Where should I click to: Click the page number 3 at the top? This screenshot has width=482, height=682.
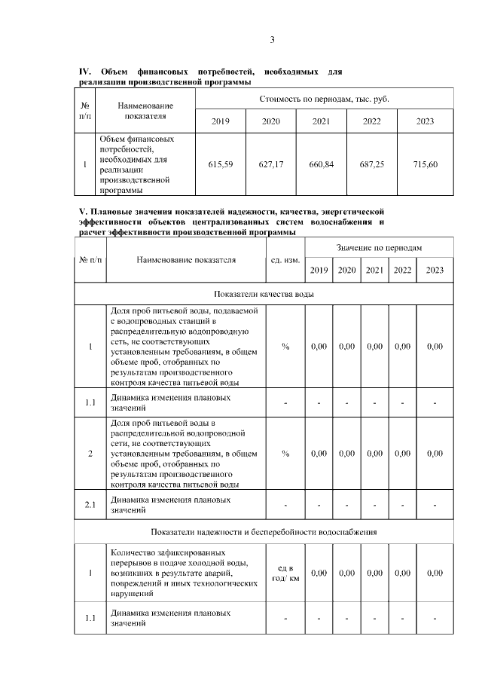tap(273, 40)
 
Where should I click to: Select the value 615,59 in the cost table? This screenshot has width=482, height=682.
tap(221, 164)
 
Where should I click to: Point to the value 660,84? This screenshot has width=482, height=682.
tap(322, 164)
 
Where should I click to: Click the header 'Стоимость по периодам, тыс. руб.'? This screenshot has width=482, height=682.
tap(324, 99)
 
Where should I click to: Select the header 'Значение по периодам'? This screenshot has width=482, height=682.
tap(379, 247)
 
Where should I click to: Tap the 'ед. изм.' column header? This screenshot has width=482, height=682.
tap(285, 260)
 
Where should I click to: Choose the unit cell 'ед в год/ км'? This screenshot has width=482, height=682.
tap(285, 573)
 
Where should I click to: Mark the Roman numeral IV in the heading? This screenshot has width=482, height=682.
tap(84, 72)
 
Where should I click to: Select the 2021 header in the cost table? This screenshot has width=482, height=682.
tap(322, 121)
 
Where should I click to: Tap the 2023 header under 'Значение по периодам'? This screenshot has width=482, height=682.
tap(435, 271)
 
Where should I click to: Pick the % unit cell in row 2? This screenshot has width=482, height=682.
tap(285, 454)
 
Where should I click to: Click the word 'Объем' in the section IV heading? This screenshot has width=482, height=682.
tap(114, 72)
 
